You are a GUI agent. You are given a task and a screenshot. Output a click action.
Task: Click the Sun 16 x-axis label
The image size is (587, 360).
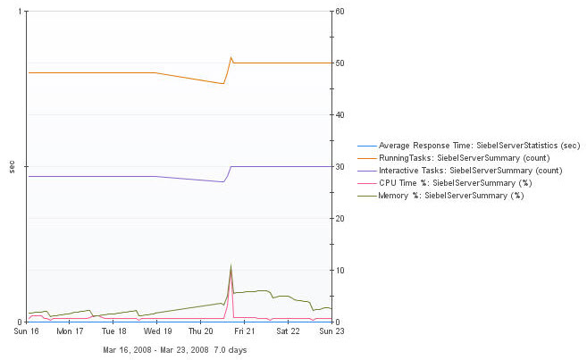27,331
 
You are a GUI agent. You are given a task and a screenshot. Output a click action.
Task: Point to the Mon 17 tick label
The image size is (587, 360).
70,331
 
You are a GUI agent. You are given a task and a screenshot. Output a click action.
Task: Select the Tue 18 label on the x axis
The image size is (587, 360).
113,331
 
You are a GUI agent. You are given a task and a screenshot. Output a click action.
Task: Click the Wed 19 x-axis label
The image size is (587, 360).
157,331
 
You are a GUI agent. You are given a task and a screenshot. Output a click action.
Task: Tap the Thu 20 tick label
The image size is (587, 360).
201,331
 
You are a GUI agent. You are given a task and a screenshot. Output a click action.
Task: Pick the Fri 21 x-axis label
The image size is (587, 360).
244,331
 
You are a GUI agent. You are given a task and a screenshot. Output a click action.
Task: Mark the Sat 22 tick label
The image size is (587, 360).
288,331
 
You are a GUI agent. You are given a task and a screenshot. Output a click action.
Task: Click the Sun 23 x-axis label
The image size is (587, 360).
331,331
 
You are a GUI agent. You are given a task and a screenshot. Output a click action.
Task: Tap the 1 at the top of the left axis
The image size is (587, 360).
20,12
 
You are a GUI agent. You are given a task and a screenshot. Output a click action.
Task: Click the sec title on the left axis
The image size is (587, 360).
11,167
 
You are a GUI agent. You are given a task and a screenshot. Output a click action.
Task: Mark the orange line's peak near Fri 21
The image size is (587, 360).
231,57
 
